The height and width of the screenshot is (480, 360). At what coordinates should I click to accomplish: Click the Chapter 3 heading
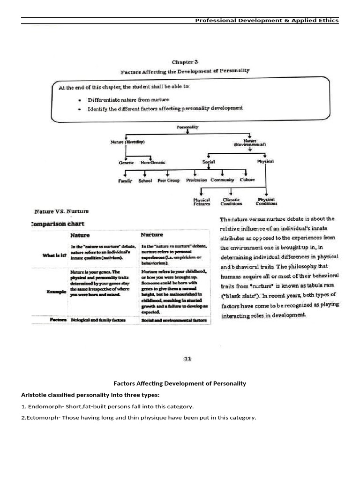[x=185, y=62]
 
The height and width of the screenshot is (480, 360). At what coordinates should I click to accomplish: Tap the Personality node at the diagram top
[x=187, y=127]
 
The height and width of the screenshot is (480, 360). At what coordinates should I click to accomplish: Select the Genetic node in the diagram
[x=126, y=163]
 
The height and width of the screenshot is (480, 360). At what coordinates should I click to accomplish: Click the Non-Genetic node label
[x=153, y=163]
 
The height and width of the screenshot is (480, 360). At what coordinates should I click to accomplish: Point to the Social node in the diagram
[x=209, y=162]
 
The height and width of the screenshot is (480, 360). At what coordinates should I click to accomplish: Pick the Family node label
[x=125, y=180]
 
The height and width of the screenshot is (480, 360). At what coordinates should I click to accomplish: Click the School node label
[x=145, y=180]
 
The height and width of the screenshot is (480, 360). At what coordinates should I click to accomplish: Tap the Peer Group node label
[x=169, y=180]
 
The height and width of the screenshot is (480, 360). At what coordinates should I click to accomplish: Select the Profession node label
[x=196, y=180]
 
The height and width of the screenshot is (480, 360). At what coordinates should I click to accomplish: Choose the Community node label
[x=222, y=180]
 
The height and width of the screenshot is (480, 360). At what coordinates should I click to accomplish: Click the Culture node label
[x=247, y=180]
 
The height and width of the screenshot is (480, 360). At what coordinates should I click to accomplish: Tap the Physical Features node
[x=202, y=202]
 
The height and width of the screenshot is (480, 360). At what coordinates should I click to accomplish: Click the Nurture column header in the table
[x=152, y=234]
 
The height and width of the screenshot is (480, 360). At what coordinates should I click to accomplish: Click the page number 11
[x=187, y=359]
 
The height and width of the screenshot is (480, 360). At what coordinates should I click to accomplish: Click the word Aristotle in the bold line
[x=34, y=395]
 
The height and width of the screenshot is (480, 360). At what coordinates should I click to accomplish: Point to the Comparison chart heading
[x=58, y=224]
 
